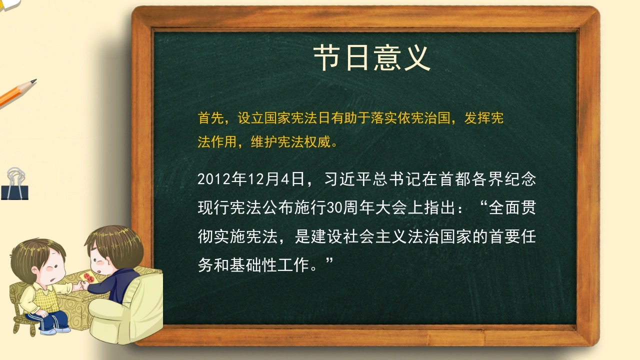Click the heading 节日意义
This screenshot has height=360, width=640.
[x=371, y=58]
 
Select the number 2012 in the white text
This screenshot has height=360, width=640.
[x=214, y=179]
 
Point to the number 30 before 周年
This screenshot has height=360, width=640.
[x=334, y=208]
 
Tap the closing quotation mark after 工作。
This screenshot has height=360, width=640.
[x=329, y=260]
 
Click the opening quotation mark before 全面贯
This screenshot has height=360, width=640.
[x=483, y=204]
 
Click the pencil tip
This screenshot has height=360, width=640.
[x=34, y=81]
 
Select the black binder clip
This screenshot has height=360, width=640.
[x=14, y=184]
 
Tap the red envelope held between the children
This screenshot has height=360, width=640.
[x=89, y=277]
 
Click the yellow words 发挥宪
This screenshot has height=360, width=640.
[x=483, y=118]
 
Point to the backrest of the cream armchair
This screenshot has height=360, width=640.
[x=148, y=288]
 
